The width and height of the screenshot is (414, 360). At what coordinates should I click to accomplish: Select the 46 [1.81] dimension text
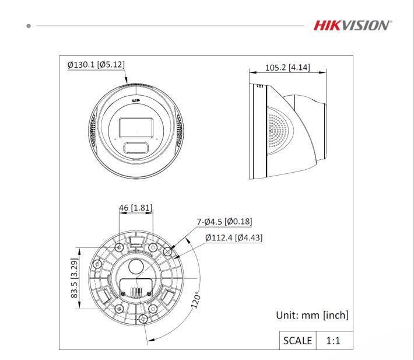pyautogui.click(x=136, y=208)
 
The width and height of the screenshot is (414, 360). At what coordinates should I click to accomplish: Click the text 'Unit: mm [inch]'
pyautogui.click(x=312, y=316)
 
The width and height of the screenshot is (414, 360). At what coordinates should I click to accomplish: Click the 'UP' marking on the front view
pyautogui.click(x=137, y=101)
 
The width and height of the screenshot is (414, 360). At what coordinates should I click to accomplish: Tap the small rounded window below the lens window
pyautogui.click(x=136, y=146)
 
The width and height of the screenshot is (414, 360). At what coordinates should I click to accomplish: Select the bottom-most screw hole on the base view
pyautogui.click(x=143, y=319)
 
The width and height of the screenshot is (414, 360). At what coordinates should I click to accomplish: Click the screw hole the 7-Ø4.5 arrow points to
pyautogui.click(x=169, y=252)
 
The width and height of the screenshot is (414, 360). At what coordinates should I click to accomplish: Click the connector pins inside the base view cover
pyautogui.click(x=136, y=292)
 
